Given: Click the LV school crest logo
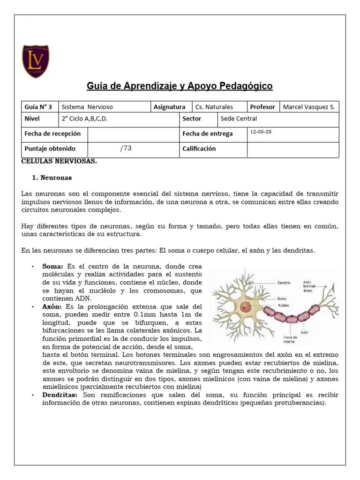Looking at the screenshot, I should pos(36,61).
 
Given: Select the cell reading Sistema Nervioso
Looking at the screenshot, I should pos(87,107).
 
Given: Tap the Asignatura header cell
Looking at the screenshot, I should pos(169,107).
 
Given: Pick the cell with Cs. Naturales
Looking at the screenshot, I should pos(214,107).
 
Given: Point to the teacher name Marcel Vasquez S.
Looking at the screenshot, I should pos(309,107).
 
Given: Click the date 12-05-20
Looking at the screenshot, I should pos(261,132).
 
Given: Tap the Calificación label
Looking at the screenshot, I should pos(199,149).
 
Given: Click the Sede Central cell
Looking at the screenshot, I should pos(239,119).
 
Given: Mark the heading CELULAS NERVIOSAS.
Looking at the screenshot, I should pos(60,161).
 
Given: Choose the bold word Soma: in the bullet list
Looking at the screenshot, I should pos(52,266).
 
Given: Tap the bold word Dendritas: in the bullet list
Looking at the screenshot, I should pos(60,395).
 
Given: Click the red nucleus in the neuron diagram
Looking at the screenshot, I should pos(246,307).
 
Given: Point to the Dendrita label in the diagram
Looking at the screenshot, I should pos(284,283).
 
